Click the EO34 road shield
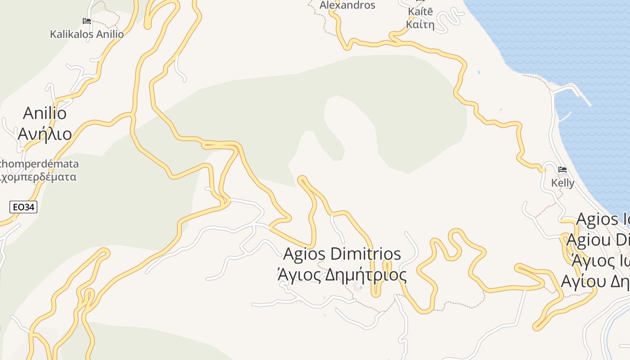tap(23, 207)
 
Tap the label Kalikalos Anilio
tap(87, 34)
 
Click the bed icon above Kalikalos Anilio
tap(87, 21)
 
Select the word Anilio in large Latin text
tap(45, 113)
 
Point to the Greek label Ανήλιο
tap(45, 134)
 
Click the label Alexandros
tap(347, 5)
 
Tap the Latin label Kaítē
tap(420, 11)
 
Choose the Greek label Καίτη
tap(420, 24)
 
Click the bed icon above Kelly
tap(562, 170)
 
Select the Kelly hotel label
tap(562, 183)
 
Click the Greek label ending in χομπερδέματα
tap(38, 177)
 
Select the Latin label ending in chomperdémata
tap(39, 164)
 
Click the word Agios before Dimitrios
tap(304, 254)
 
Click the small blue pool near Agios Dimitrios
tap(361, 287)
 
